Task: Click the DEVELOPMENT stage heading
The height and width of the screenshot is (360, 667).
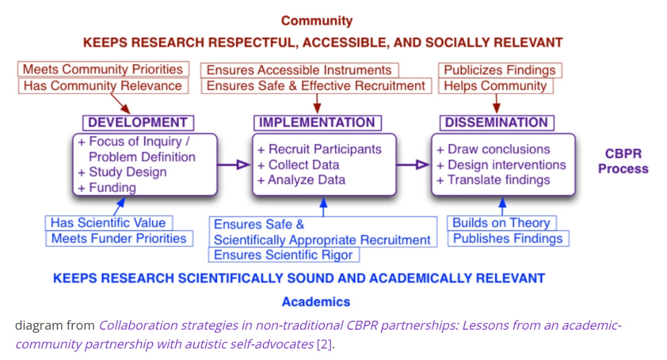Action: coord(138,122)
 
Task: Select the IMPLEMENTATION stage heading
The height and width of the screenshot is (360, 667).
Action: coord(317,122)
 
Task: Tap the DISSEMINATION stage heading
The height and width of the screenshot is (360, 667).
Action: coord(497,122)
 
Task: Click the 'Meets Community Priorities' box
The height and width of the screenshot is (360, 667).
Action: coord(102,69)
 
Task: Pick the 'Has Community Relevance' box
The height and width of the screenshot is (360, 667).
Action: coord(102,85)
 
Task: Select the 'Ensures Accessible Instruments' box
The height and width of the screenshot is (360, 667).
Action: coord(299,70)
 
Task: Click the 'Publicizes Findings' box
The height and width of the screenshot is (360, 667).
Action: coord(500,70)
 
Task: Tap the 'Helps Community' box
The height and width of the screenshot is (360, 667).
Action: coord(495,85)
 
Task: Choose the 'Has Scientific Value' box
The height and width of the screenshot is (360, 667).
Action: coord(108,222)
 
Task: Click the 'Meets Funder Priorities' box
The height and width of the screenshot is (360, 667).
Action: coord(119,238)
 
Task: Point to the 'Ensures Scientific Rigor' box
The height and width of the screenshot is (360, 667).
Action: coord(283,255)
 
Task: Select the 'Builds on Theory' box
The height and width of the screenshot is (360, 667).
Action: coord(501,222)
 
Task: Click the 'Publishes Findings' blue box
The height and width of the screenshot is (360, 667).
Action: coord(508,238)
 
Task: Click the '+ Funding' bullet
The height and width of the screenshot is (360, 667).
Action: coord(107,187)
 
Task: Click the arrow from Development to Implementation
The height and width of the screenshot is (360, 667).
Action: coord(234,164)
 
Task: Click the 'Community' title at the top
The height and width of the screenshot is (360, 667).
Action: coord(317,21)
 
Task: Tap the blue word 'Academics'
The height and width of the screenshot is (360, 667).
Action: coord(316,301)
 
